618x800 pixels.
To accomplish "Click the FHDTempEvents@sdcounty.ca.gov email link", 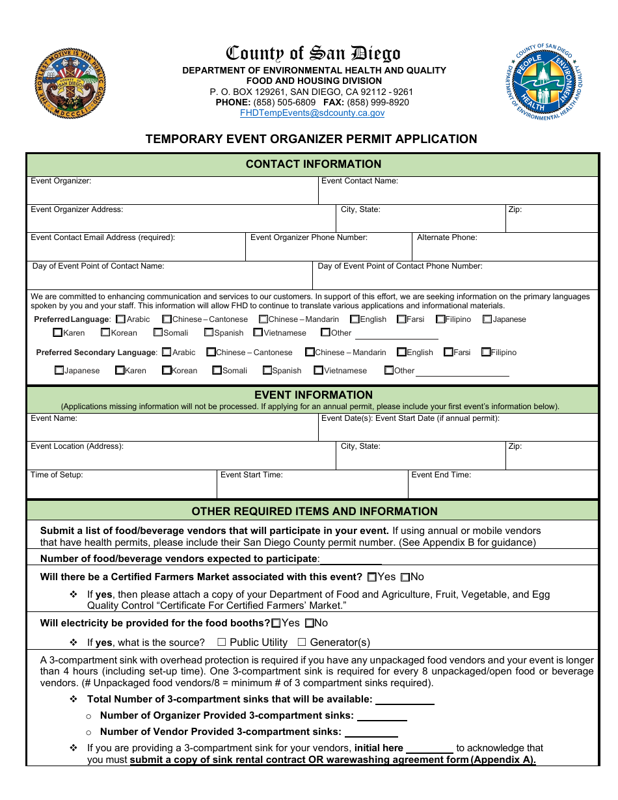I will [312, 113].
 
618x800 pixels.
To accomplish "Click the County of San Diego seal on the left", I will [70, 83].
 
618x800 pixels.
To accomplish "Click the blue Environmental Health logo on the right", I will [545, 83].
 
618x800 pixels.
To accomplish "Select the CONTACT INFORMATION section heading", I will [313, 164].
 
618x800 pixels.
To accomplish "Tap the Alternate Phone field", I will [505, 251].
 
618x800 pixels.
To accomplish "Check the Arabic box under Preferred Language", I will [120, 319].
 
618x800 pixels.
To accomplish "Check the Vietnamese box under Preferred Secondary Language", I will [319, 371].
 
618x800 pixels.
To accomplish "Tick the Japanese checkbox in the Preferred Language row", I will [487, 319].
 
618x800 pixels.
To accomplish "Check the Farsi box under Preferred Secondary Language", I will [448, 353].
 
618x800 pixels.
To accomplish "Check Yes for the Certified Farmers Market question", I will [372, 577].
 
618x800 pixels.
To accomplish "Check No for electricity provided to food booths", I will [310, 623].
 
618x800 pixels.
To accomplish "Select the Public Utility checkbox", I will [222, 643].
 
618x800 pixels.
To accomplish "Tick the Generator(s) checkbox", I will [302, 643].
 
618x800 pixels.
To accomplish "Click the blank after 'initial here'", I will [429, 749].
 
